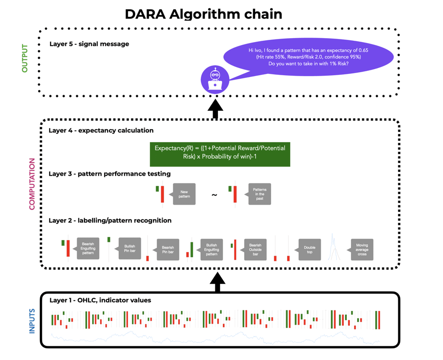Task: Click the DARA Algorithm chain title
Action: [203, 14]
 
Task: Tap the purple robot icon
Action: [215, 79]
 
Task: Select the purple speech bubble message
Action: [308, 58]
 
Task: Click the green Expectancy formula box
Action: [220, 152]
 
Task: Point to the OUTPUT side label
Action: [25, 58]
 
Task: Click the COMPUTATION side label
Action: [32, 184]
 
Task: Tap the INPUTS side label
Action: [32, 321]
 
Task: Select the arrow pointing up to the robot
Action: [215, 109]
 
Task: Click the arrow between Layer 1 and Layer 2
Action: [218, 282]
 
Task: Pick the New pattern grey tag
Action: [184, 194]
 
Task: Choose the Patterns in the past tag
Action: [260, 194]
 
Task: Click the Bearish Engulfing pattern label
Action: [88, 249]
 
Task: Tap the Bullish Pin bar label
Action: [130, 249]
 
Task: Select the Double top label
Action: [309, 249]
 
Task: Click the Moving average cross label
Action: [362, 249]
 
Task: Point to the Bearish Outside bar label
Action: [255, 249]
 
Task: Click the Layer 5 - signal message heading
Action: [89, 44]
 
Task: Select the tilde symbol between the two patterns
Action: [214, 195]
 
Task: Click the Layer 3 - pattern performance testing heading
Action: [109, 174]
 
